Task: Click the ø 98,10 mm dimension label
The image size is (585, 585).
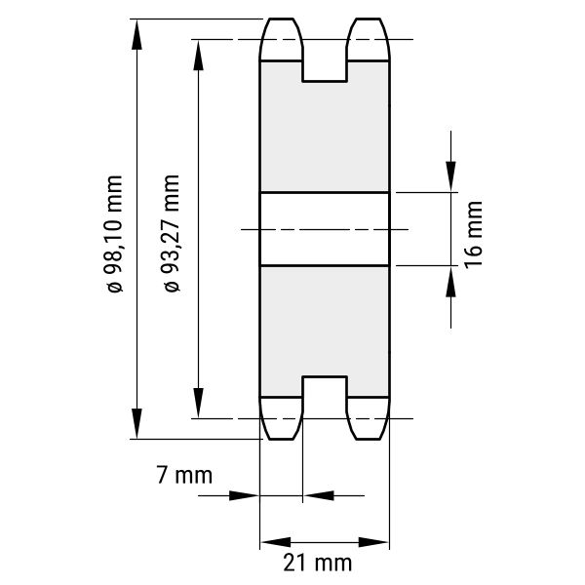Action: point(114,234)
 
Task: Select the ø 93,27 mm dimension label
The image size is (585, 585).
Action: point(172,233)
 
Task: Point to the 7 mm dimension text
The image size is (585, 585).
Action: point(184,475)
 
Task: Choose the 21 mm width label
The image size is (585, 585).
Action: point(318,563)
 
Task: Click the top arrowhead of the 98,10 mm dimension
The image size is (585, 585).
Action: point(136,35)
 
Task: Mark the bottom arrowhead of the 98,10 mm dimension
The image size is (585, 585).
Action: point(136,423)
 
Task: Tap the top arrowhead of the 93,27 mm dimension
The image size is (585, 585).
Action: point(198,56)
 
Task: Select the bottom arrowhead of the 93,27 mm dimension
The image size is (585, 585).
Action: point(198,403)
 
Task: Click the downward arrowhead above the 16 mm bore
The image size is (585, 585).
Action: point(450,176)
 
